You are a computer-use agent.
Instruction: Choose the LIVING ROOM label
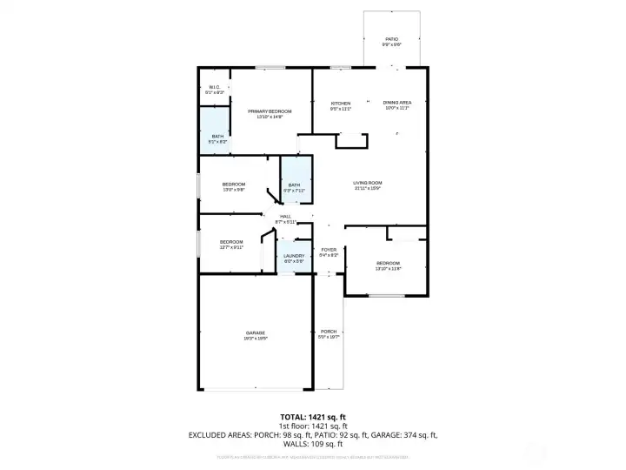[368, 185]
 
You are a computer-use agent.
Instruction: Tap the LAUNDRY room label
[294, 258]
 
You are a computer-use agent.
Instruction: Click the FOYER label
[329, 252]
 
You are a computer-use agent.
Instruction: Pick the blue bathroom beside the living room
[295, 185]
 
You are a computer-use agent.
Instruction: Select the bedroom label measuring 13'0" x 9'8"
[234, 185]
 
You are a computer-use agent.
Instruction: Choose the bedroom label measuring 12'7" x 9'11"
[231, 244]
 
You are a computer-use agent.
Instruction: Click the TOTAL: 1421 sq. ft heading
[312, 417]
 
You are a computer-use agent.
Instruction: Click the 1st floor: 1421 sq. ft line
[312, 426]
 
